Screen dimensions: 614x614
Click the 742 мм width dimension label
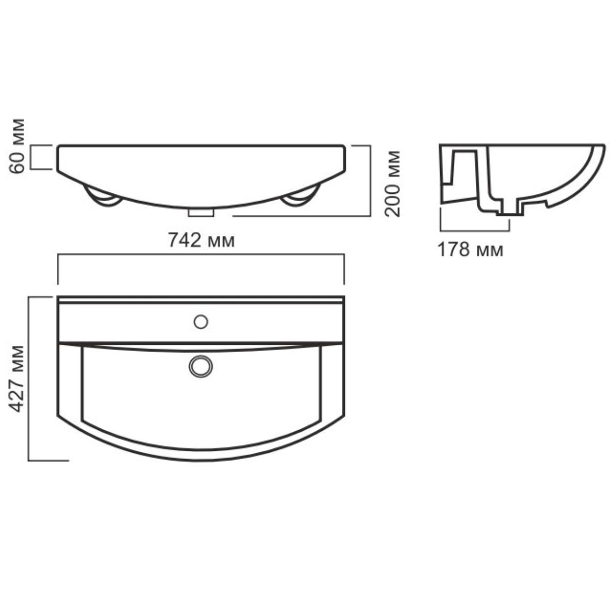point(202,240)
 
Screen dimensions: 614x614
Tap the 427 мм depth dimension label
point(16,379)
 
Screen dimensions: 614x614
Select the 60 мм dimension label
point(16,146)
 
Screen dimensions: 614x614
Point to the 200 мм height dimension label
point(392,184)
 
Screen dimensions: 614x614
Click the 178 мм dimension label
point(470,250)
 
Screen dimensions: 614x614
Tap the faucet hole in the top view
point(201,322)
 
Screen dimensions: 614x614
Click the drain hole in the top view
point(201,366)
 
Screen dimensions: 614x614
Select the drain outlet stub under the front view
point(201,213)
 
